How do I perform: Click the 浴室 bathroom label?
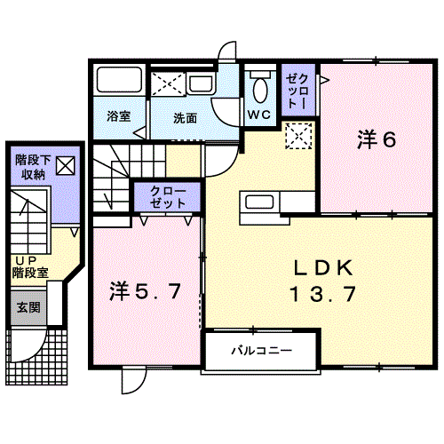tap(118, 116)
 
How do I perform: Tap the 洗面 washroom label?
tap(186, 118)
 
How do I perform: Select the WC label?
tap(259, 115)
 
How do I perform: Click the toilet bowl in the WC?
tap(260, 90)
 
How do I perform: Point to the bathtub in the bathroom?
tap(119, 79)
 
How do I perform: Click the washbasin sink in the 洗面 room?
tap(201, 83)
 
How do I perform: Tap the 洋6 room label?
tap(377, 139)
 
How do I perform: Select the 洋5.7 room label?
tap(145, 291)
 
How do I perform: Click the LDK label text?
tap(323, 268)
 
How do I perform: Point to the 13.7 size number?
tap(322, 294)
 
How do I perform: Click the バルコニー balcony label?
tap(262, 351)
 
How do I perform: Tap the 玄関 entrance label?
tap(28, 307)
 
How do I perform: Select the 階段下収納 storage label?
tap(33, 167)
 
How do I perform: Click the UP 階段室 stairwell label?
tap(30, 267)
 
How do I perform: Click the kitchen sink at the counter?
tap(259, 202)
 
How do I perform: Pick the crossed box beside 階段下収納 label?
tap(66, 166)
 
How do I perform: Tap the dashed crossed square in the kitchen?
tap(298, 136)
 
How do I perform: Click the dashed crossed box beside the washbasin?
tap(168, 83)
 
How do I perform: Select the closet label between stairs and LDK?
tap(168, 197)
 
